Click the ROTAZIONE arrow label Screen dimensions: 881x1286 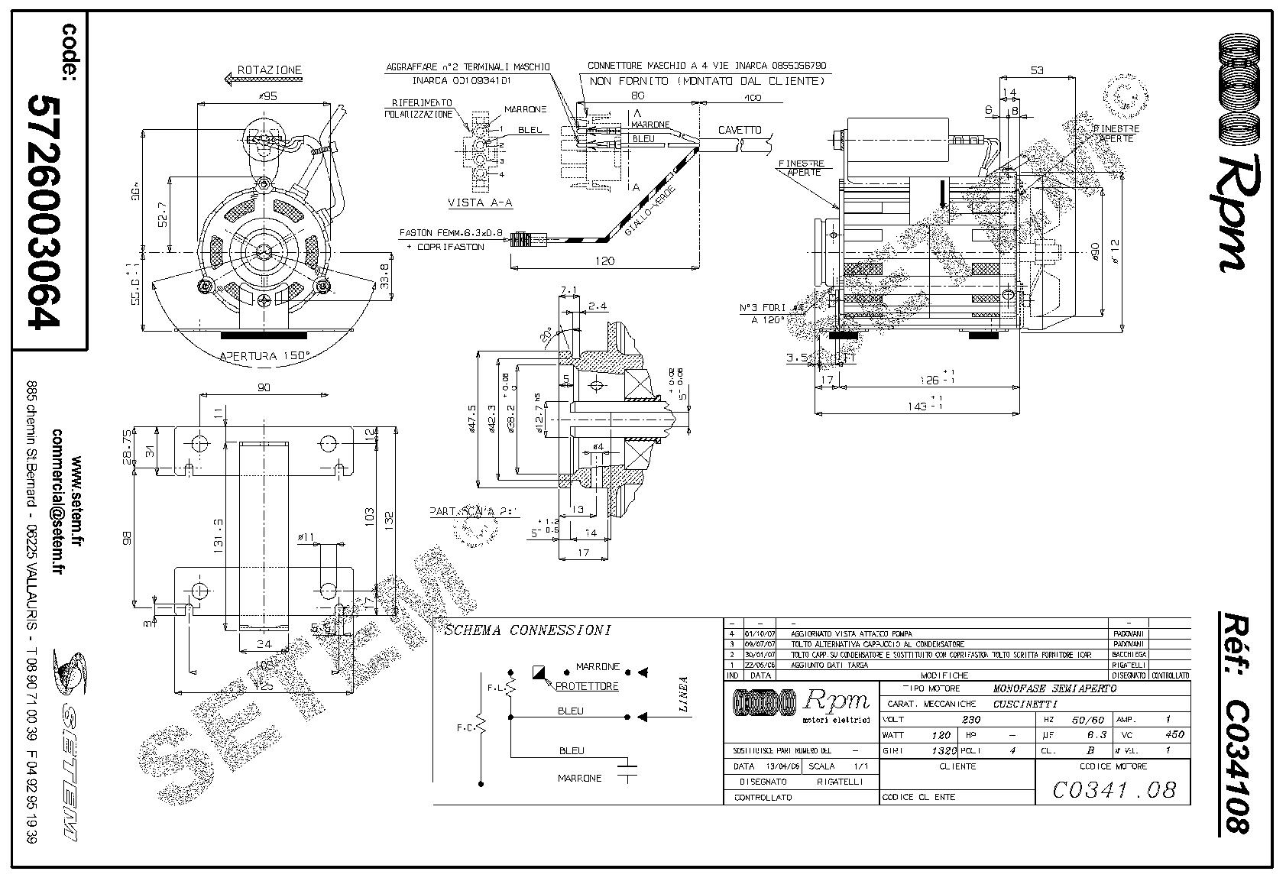tap(269, 70)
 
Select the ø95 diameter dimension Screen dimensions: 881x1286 tap(267, 96)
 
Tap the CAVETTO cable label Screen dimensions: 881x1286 tap(739, 131)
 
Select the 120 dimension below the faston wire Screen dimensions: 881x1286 tap(604, 261)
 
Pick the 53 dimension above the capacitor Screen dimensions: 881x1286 tap(1037, 70)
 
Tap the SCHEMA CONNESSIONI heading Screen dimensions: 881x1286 tap(527, 630)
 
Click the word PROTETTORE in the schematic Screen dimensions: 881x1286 tap(585, 686)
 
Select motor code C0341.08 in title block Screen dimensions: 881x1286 tap(1113, 789)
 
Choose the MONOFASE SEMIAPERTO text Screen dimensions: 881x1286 tap(1054, 688)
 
